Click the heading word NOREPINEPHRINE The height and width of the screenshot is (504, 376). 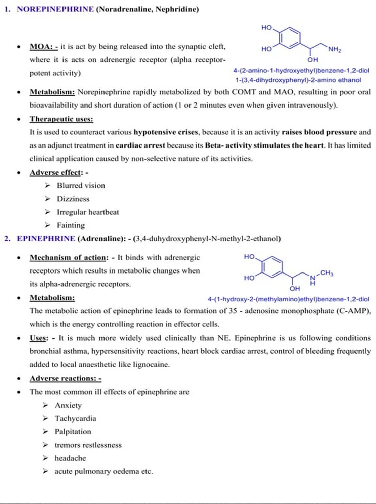click(x=55, y=9)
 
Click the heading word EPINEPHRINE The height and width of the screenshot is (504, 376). click(x=46, y=239)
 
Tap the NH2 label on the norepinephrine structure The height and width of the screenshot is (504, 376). click(x=335, y=50)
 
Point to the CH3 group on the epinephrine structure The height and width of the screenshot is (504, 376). click(x=327, y=273)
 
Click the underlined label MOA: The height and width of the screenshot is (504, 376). click(x=44, y=47)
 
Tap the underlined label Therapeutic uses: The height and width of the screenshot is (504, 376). click(x=61, y=119)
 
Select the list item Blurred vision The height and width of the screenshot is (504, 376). click(x=81, y=186)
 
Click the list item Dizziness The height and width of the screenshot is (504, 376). click(x=73, y=199)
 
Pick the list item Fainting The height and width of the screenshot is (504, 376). click(x=71, y=225)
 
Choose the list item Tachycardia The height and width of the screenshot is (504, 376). click(x=76, y=419)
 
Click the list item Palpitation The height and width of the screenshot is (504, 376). click(x=73, y=432)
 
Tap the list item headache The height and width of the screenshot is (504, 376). click(x=70, y=458)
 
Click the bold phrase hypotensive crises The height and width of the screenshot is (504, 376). click(x=166, y=132)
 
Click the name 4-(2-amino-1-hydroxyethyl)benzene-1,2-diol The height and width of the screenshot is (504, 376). click(x=301, y=71)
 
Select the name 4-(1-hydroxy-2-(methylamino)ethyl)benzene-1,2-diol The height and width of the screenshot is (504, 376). click(x=288, y=299)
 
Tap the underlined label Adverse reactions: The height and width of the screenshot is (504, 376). click(x=66, y=378)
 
